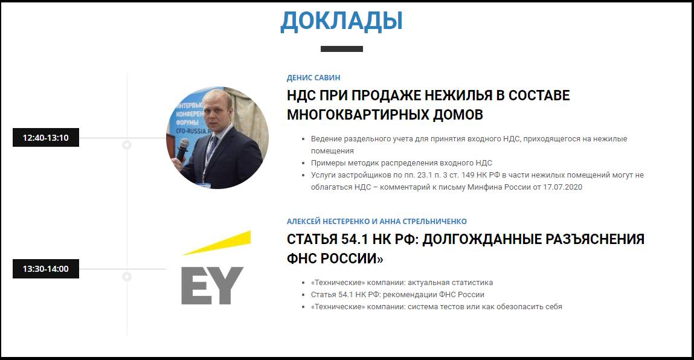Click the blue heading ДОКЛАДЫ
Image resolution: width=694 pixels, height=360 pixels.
pyautogui.click(x=341, y=21)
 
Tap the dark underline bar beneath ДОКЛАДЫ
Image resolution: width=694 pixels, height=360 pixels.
pyautogui.click(x=342, y=49)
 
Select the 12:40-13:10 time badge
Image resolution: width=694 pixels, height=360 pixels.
pyautogui.click(x=45, y=138)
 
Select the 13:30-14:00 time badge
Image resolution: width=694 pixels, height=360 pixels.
pyautogui.click(x=45, y=269)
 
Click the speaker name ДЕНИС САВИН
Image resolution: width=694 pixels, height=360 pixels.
pyautogui.click(x=313, y=78)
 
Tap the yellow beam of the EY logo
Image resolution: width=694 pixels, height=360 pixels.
pyautogui.click(x=217, y=243)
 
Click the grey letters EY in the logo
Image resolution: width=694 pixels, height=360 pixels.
pyautogui.click(x=213, y=286)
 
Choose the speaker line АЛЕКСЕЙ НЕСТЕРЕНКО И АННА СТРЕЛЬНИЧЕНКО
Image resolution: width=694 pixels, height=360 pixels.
pyautogui.click(x=377, y=222)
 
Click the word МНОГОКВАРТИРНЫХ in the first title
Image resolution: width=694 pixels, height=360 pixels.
pyautogui.click(x=357, y=115)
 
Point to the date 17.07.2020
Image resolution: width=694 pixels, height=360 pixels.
pyautogui.click(x=562, y=187)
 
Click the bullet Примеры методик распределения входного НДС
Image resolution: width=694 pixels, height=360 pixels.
pyautogui.click(x=402, y=163)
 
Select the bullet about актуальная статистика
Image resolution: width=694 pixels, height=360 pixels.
pyautogui.click(x=402, y=283)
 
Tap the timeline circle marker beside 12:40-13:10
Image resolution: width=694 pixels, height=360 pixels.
pyautogui.click(x=127, y=145)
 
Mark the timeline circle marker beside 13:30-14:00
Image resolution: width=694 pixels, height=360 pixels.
pyautogui.click(x=127, y=277)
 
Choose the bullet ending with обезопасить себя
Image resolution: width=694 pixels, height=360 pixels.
pyautogui.click(x=437, y=307)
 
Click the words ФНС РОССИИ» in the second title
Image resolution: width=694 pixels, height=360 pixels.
pyautogui.click(x=335, y=259)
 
